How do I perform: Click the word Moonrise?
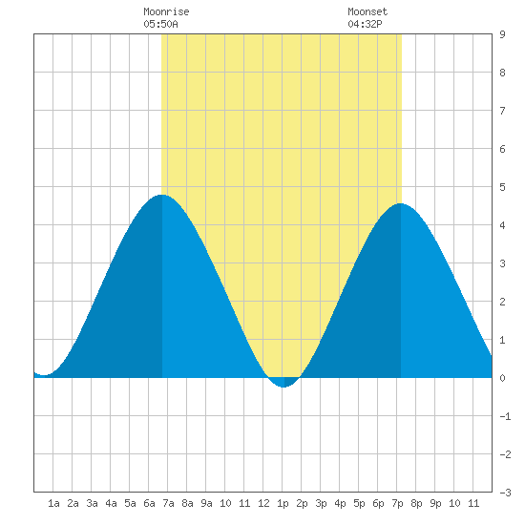(166, 11)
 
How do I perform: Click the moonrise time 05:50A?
(160, 24)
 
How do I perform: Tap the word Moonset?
(367, 11)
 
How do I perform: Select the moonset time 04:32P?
(365, 24)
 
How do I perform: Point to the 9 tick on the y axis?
(502, 34)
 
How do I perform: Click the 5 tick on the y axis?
(502, 187)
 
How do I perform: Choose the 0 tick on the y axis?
(502, 378)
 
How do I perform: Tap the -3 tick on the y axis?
(505, 493)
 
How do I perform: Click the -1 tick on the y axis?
(505, 416)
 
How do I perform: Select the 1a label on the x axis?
(53, 503)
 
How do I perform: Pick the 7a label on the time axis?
(168, 503)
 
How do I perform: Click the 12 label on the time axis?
(263, 503)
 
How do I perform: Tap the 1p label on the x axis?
(283, 504)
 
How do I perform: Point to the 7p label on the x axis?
(397, 504)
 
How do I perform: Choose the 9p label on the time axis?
(435, 504)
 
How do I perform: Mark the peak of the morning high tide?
(162, 195)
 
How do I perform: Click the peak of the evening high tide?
(401, 203)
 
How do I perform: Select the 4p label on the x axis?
(340, 504)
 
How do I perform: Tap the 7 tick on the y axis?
(502, 111)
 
